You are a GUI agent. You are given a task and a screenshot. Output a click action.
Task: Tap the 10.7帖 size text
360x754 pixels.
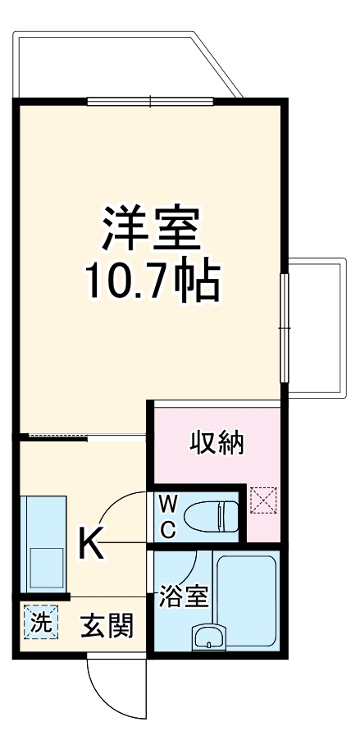coord(152,281)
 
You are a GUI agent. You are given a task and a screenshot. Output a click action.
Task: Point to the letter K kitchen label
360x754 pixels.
coord(92,542)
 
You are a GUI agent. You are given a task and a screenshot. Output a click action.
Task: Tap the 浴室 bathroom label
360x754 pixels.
coord(184,596)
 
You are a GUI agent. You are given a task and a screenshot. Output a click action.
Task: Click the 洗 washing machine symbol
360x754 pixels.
coord(39,622)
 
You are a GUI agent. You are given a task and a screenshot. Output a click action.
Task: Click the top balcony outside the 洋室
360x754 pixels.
coord(123,66)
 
